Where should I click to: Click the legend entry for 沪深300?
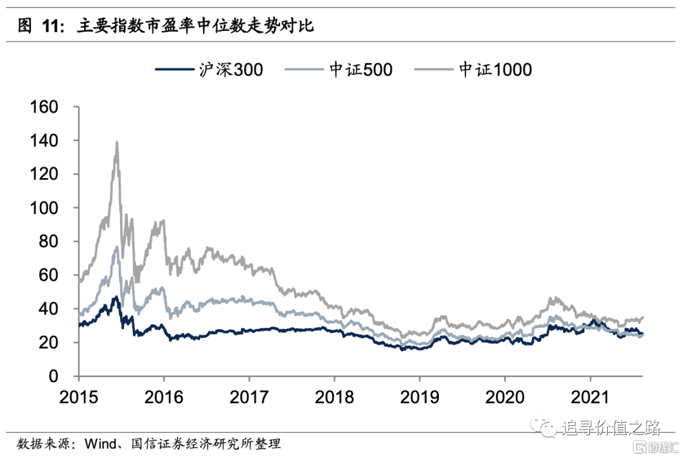[x=209, y=69]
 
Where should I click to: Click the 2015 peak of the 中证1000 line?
[x=117, y=143]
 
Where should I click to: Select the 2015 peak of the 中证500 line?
[x=117, y=247]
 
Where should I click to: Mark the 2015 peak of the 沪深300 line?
[x=116, y=296]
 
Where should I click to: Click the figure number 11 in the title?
[x=52, y=26]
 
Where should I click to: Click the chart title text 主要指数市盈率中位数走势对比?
[x=197, y=26]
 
